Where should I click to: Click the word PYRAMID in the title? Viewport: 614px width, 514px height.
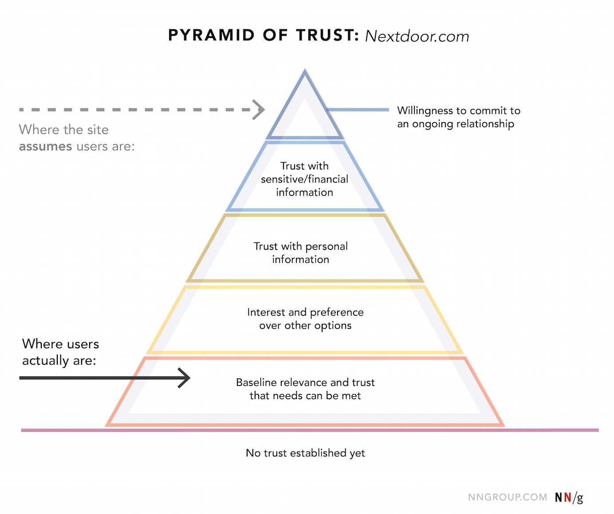(211, 35)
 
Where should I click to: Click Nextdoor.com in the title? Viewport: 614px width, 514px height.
(417, 36)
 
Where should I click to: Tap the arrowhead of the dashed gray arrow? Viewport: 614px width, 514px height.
(259, 109)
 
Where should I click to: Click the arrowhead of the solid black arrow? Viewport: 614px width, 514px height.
(185, 378)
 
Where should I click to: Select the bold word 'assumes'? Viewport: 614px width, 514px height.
(45, 146)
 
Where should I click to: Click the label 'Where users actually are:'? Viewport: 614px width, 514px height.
(60, 352)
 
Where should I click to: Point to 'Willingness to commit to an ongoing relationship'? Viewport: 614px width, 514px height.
(458, 117)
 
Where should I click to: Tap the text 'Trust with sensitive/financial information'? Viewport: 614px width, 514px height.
(304, 179)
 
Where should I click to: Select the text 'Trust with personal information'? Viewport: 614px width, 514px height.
(301, 253)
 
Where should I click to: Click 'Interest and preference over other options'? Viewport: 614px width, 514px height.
(305, 319)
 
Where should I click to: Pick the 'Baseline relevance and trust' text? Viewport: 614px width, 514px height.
(305, 382)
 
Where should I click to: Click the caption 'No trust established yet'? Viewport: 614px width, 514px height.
(305, 453)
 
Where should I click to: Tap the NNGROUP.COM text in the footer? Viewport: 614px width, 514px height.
(507, 497)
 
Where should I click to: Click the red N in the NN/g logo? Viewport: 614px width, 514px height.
(567, 498)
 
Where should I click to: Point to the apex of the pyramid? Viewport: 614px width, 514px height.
(305, 71)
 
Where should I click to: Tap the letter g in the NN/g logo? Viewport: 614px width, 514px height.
(579, 498)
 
